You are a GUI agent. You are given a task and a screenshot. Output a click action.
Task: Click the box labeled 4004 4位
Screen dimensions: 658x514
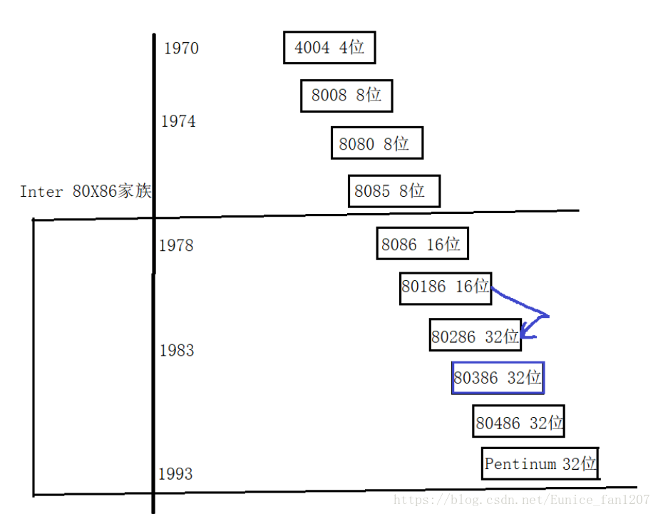329,48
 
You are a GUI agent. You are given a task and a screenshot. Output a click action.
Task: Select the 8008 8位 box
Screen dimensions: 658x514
346,96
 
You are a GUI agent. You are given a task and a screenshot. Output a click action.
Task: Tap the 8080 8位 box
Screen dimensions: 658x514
376,143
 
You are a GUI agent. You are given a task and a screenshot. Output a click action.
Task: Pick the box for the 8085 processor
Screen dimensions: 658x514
394,191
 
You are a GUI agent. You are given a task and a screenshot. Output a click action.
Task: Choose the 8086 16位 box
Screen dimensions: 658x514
422,245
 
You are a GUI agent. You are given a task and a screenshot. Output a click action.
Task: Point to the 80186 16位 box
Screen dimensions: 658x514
446,287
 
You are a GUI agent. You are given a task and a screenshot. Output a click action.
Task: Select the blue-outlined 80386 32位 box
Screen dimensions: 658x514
498,378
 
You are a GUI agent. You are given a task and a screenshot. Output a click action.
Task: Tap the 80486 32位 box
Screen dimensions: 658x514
520,423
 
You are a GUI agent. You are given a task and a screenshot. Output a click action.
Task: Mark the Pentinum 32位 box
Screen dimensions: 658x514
540,464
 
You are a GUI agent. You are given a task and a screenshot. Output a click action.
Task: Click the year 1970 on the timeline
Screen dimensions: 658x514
181,49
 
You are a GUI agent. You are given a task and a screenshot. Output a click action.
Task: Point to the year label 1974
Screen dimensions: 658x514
178,122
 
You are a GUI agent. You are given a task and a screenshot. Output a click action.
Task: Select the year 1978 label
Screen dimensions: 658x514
176,246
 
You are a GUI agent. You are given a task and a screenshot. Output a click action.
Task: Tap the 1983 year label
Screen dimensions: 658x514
177,351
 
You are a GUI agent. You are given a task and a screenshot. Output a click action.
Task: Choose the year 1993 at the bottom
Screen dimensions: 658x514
175,474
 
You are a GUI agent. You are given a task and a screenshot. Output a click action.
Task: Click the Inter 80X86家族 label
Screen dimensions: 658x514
86,192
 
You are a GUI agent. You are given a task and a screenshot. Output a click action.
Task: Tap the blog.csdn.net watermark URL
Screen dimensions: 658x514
521,500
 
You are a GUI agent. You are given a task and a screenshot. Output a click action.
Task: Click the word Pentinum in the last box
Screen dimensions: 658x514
520,464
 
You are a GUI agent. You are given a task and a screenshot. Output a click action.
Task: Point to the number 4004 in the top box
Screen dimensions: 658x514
312,48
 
